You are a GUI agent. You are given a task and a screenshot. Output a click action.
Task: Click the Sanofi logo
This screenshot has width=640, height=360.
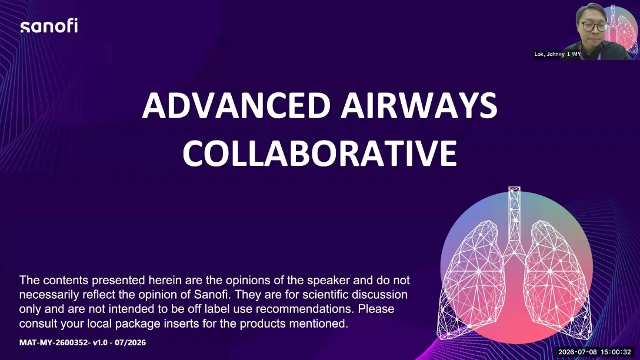pyautogui.click(x=49, y=26)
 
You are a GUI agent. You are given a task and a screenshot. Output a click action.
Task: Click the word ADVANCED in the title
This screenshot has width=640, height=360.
pyautogui.click(x=236, y=105)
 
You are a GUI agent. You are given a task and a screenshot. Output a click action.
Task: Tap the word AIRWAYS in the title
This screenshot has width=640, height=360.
pyautogui.click(x=419, y=105)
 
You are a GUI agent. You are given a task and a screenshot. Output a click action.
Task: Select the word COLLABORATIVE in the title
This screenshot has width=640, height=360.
pyautogui.click(x=319, y=153)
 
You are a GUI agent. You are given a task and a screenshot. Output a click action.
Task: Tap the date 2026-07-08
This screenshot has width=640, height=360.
pyautogui.click(x=578, y=352)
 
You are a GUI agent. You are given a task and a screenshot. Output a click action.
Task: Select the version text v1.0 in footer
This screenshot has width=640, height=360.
pyautogui.click(x=100, y=342)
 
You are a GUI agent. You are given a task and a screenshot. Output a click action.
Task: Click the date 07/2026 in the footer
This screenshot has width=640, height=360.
pyautogui.click(x=130, y=342)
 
